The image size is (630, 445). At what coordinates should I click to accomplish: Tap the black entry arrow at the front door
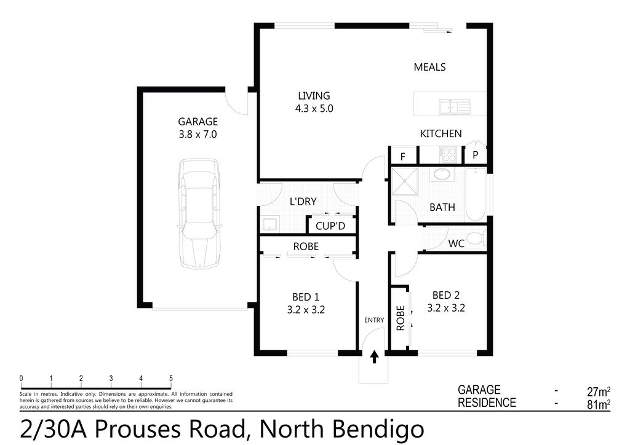point(374,357)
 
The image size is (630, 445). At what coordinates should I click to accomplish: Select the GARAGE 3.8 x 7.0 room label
point(197,128)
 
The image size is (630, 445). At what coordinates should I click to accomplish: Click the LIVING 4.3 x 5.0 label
point(314,102)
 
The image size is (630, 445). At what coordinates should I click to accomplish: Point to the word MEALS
point(429,67)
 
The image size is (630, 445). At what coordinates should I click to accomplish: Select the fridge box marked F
point(403,156)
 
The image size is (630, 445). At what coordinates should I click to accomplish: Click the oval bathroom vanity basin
point(441,175)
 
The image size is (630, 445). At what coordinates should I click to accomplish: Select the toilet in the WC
point(474,238)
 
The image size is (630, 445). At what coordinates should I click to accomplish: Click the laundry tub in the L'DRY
point(269,224)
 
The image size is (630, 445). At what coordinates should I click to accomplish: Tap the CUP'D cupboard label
point(330,226)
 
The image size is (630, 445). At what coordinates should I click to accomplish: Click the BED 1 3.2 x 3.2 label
point(306,304)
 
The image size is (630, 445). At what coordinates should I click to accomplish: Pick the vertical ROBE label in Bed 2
point(400,318)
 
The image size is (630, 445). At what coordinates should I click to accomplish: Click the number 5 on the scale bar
point(170,379)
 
